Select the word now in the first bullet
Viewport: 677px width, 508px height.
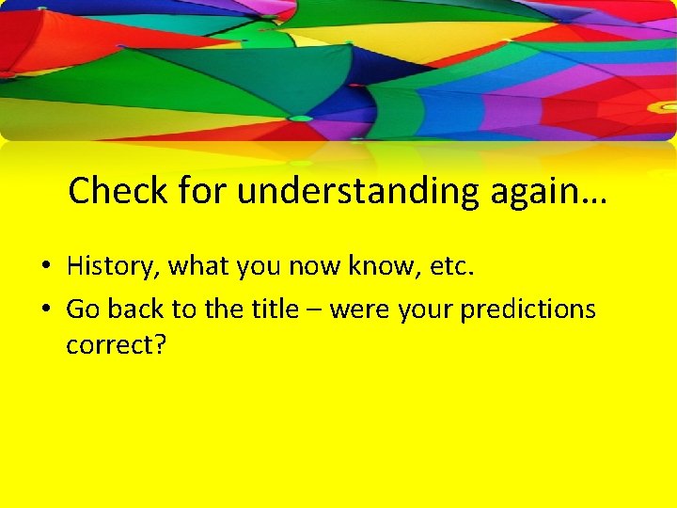coord(316,266)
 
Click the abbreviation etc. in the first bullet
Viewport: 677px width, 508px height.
coord(452,266)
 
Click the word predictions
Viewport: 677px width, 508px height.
coord(528,310)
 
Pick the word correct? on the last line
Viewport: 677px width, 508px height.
coord(116,344)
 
